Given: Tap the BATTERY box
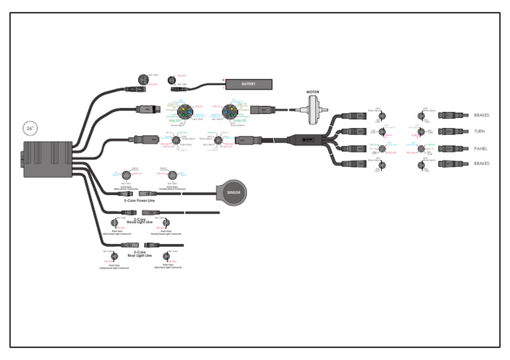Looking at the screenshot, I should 249,84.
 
